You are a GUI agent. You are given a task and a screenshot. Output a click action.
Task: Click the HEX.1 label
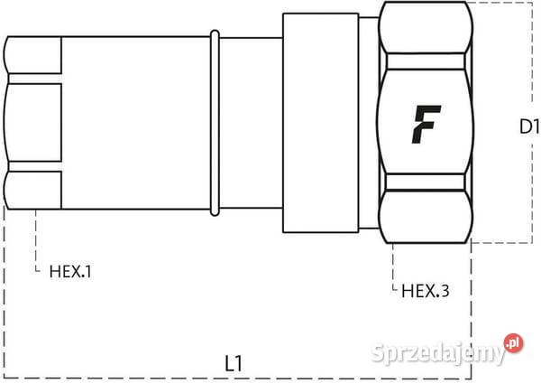click(70, 272)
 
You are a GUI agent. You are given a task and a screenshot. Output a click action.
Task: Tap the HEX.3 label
click(426, 291)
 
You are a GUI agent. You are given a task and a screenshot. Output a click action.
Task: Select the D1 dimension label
click(529, 126)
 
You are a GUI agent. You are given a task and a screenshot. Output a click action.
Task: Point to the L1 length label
click(234, 363)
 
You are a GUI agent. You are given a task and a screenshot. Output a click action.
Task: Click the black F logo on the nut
click(426, 125)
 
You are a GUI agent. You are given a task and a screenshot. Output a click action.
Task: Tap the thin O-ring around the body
click(215, 123)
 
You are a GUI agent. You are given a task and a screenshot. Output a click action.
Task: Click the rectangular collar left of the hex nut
click(320, 123)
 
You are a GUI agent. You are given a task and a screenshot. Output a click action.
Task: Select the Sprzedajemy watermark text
click(438, 353)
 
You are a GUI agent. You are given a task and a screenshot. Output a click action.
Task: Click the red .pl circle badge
click(513, 343)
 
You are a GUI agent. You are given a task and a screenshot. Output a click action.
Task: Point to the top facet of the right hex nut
click(426, 28)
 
